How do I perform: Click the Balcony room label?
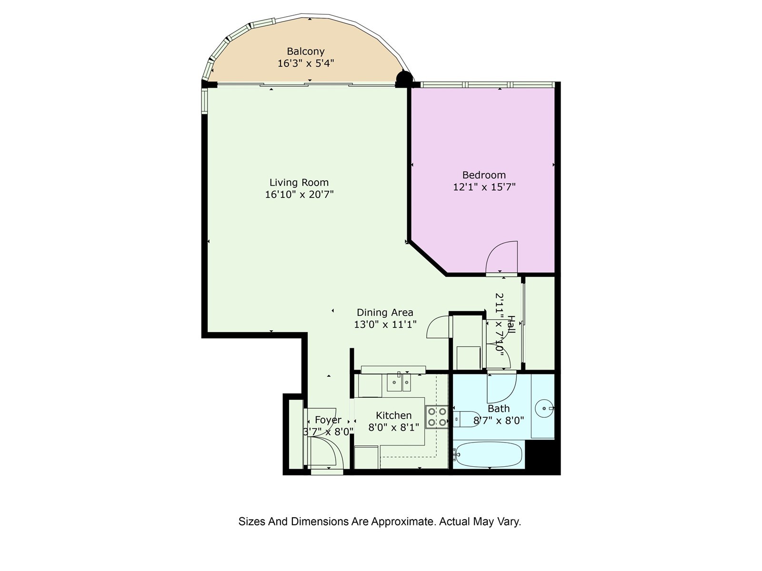point(305,51)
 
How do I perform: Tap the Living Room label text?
point(299,182)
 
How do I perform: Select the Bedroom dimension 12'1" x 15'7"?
point(484,187)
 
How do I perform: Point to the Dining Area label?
point(385,312)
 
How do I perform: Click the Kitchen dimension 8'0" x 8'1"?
point(393,427)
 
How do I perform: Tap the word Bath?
point(499,409)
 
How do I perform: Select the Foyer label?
point(328,420)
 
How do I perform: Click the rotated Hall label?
point(511,324)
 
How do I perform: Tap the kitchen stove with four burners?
point(437,417)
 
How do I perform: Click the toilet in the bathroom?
point(466,419)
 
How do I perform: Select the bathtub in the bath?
point(489,454)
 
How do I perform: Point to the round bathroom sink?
point(544,409)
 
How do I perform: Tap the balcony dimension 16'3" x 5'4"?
point(305,63)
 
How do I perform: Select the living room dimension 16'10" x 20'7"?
point(299,195)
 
